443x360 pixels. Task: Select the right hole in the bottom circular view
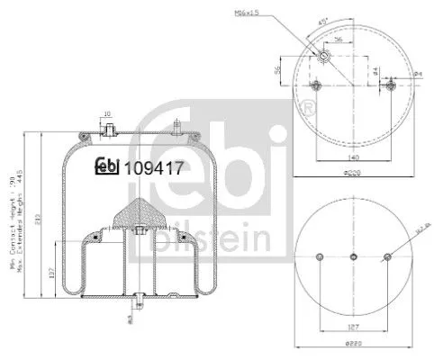(387, 258)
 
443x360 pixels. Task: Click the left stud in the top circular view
(316, 86)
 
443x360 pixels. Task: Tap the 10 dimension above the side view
(106, 114)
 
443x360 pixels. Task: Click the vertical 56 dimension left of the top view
(278, 69)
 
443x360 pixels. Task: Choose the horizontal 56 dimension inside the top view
(337, 40)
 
